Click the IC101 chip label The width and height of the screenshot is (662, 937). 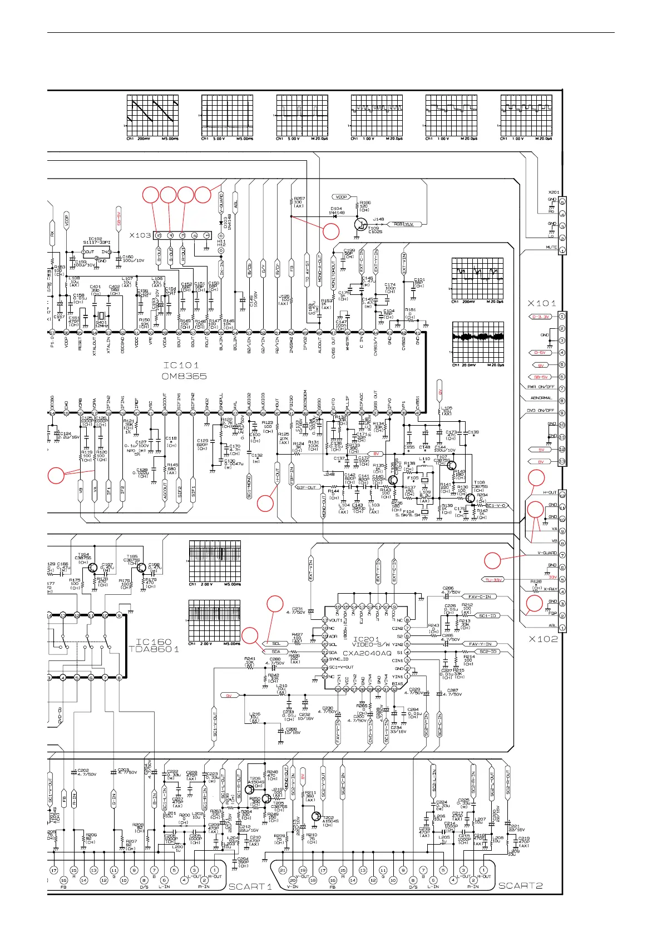click(181, 366)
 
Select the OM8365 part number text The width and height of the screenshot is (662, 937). click(184, 377)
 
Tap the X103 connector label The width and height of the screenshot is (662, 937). click(140, 235)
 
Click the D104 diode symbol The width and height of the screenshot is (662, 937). click(335, 216)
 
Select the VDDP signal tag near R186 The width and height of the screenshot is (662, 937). click(340, 197)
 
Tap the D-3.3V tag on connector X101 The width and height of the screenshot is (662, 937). click(540, 317)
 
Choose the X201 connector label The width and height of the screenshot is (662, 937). click(553, 192)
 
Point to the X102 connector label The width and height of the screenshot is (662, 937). click(542, 639)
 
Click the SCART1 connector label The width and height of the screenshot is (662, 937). click(250, 886)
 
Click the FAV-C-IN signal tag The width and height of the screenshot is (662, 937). click(480, 597)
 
